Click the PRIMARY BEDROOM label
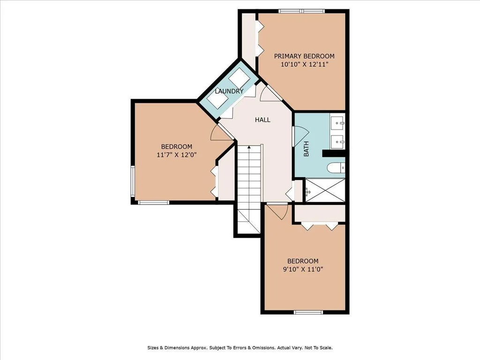pyautogui.click(x=304, y=56)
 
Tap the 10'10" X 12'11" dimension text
pyautogui.click(x=304, y=64)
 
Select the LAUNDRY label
pyautogui.click(x=229, y=91)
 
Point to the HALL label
pyautogui.click(x=262, y=120)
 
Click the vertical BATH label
pyautogui.click(x=306, y=149)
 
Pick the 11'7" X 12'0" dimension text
pyautogui.click(x=176, y=155)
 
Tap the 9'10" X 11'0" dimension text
pyautogui.click(x=303, y=269)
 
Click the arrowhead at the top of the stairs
pyautogui.click(x=249, y=148)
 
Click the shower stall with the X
pyautogui.click(x=325, y=190)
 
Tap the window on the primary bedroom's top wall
pyautogui.click(x=301, y=11)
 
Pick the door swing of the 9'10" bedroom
pyautogui.click(x=278, y=212)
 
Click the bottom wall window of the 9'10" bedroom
pyautogui.click(x=308, y=312)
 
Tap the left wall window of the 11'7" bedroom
pyautogui.click(x=133, y=181)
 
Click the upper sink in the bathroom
pyautogui.click(x=337, y=123)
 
